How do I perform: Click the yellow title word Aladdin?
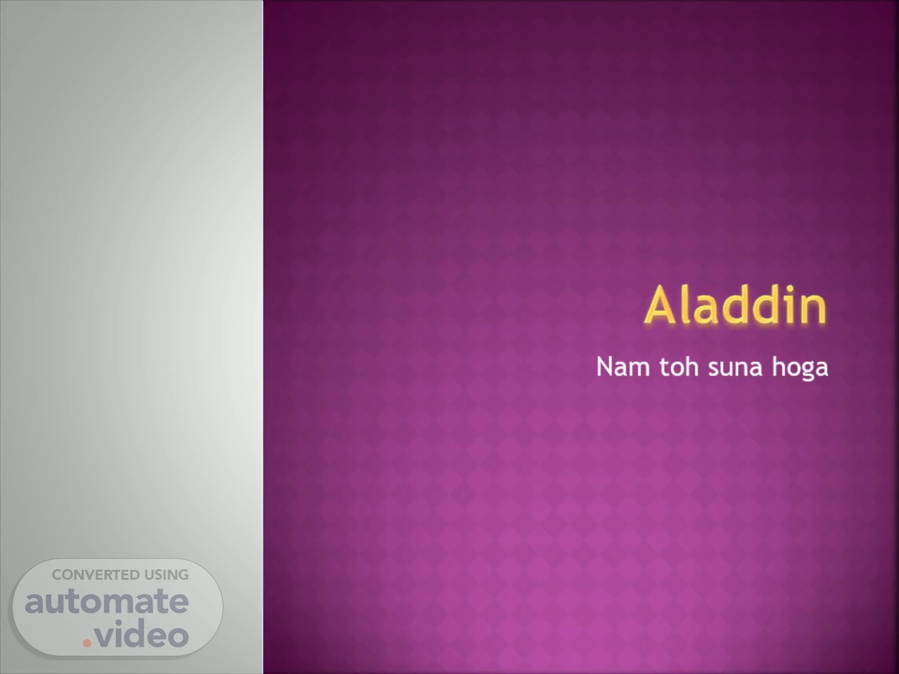point(735,305)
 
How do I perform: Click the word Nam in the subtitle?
point(623,367)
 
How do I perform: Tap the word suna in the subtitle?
point(735,368)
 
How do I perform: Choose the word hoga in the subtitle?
point(800,368)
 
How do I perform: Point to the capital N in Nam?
point(605,367)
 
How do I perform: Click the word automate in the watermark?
point(107,602)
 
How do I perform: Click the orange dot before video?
point(87,643)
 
